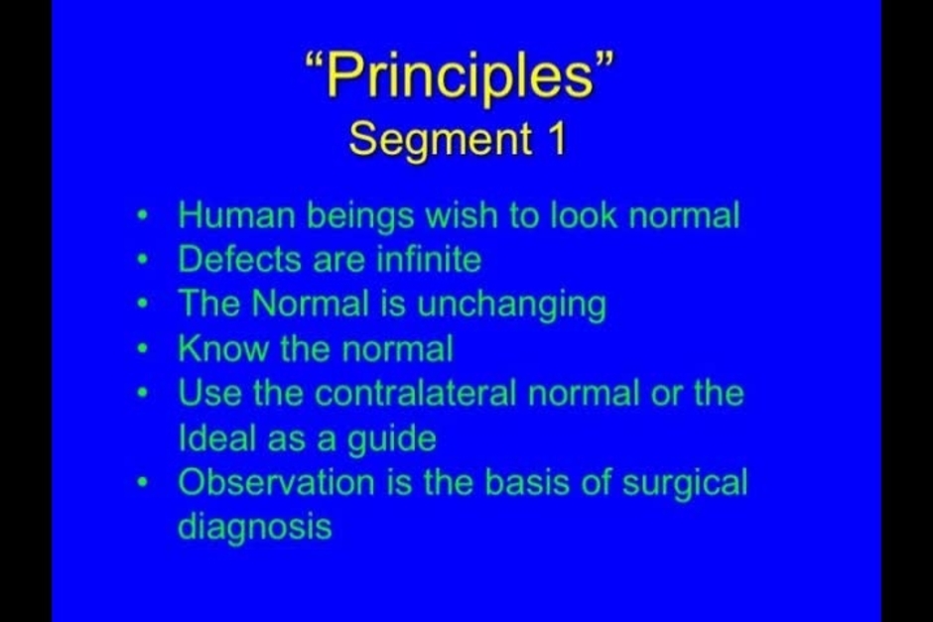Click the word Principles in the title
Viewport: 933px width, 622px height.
pyautogui.click(x=461, y=76)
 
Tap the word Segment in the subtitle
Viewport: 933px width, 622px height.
pyautogui.click(x=441, y=140)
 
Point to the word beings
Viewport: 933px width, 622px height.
pyautogui.click(x=360, y=216)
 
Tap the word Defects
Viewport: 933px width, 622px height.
pyautogui.click(x=240, y=259)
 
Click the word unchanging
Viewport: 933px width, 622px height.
pyautogui.click(x=511, y=306)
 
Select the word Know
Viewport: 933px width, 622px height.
pyautogui.click(x=223, y=348)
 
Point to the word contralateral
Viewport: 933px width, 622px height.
pyautogui.click(x=415, y=393)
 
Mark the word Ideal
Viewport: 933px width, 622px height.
pyautogui.click(x=217, y=438)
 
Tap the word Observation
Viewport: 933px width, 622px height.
pyautogui.click(x=276, y=482)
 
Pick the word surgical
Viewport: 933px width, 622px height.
pyautogui.click(x=685, y=484)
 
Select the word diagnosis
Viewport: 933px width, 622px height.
pyautogui.click(x=255, y=528)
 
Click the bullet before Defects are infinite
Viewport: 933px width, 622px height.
pyautogui.click(x=142, y=260)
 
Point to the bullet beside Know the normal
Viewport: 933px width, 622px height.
pyautogui.click(x=142, y=349)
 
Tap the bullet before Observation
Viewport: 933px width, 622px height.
pyautogui.click(x=142, y=483)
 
